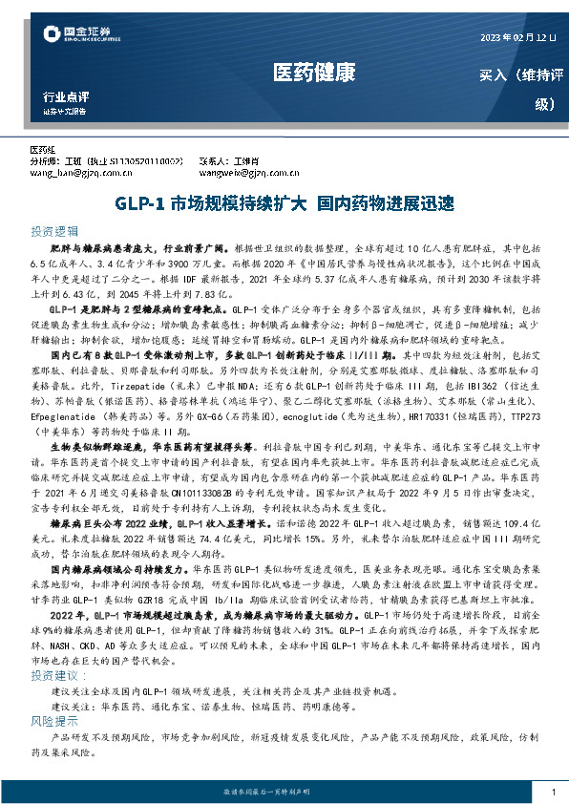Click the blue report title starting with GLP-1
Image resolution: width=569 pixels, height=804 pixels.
coord(284,203)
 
